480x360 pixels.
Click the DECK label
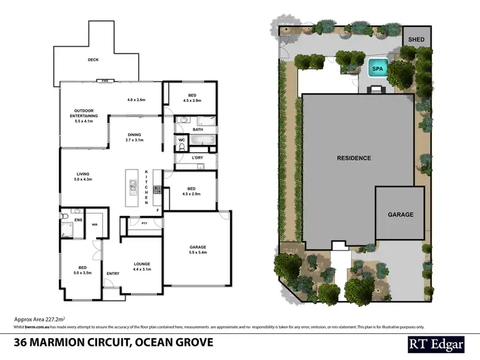click(93, 61)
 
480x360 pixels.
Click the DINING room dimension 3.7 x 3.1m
click(134, 139)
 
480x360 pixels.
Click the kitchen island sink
click(133, 187)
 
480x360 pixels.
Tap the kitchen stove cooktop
click(157, 189)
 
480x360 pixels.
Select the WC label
click(181, 139)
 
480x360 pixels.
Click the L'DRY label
click(197, 157)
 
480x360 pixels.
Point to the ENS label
click(77, 220)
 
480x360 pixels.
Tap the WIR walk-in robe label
click(95, 224)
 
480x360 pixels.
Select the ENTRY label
click(113, 274)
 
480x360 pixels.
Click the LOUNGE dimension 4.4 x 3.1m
click(141, 269)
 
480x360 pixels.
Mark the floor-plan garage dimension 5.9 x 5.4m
click(198, 253)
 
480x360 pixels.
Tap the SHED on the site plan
click(417, 40)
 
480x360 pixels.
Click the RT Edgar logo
click(436, 344)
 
